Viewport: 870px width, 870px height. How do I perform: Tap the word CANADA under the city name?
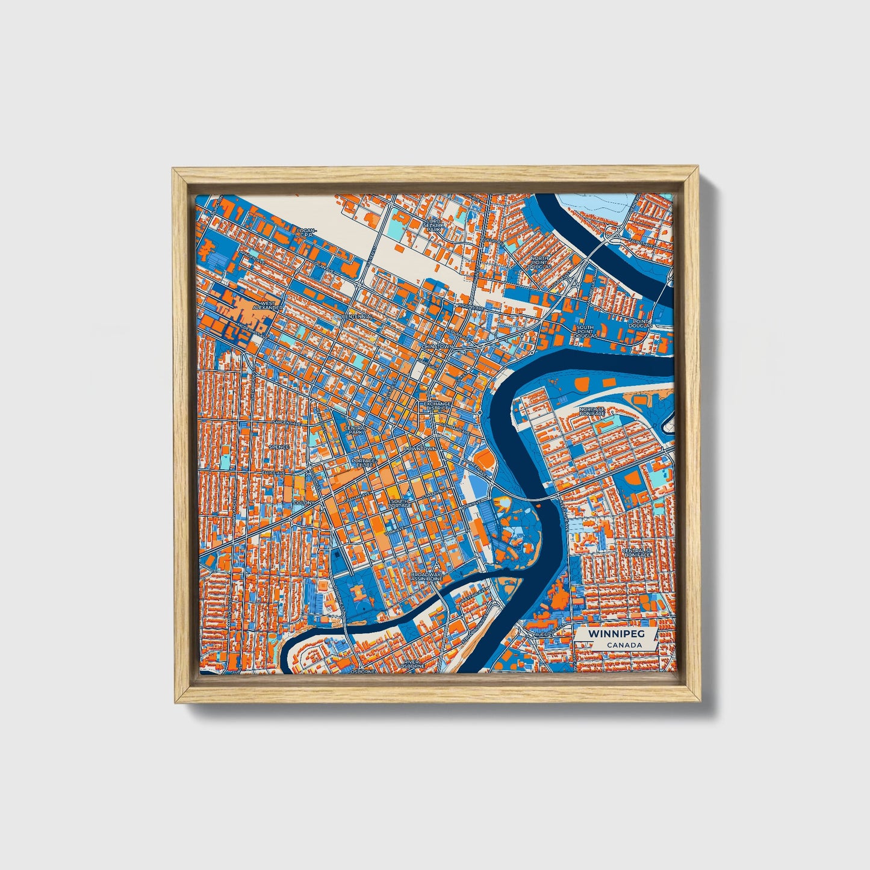click(x=623, y=645)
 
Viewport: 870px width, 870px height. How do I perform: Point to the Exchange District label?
click(x=437, y=406)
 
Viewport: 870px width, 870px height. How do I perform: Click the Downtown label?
click(x=420, y=449)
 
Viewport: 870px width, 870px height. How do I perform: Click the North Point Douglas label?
click(x=540, y=262)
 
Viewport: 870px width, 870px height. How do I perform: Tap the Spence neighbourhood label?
click(x=279, y=447)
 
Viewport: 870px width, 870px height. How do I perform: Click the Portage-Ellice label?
click(x=363, y=462)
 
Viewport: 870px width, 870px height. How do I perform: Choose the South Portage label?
click(x=400, y=503)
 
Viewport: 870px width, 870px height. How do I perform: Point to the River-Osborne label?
click(x=415, y=663)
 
